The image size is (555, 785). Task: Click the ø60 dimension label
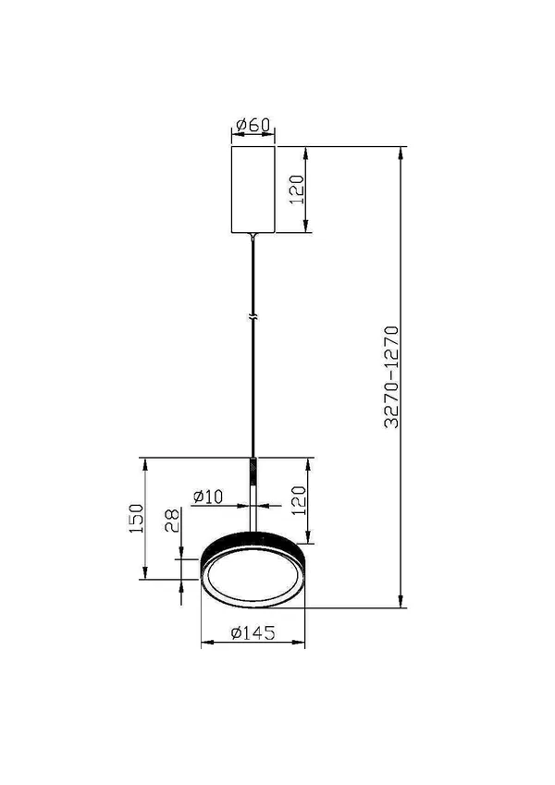253,125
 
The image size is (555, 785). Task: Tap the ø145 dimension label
253,632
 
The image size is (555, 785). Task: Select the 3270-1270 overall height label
391,377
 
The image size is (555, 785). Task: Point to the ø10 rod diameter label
208,497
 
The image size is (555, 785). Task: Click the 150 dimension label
136,518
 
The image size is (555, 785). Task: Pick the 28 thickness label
172,521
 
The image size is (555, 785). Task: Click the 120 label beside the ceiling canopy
297,190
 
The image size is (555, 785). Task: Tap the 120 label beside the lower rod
298,500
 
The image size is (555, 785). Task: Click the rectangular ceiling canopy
253,190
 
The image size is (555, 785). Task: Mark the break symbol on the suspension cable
253,317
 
